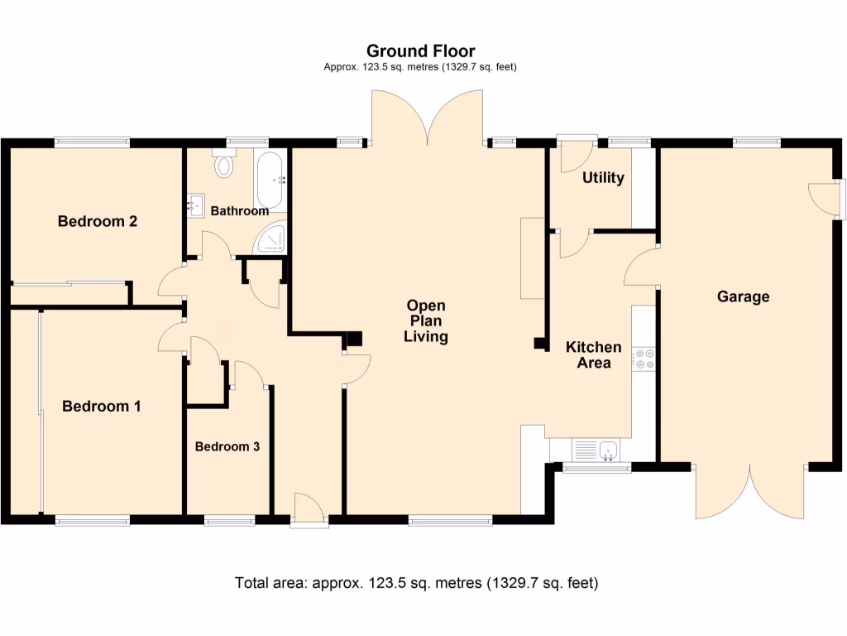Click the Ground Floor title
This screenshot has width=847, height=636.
tap(420, 51)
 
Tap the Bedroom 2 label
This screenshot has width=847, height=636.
tap(97, 222)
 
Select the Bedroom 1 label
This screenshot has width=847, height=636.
tap(102, 407)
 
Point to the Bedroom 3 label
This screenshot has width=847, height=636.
tap(227, 446)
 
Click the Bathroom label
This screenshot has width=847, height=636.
tap(239, 211)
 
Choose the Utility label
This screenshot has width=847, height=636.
tap(603, 178)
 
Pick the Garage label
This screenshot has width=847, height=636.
tap(743, 296)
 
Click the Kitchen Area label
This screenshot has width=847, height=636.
tap(593, 354)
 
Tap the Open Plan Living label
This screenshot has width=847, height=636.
tap(427, 321)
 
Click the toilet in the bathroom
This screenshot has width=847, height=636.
tap(223, 165)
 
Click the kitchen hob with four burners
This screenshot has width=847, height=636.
tap(643, 359)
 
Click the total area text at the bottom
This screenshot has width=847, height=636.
tap(416, 583)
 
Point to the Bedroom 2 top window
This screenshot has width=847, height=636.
tap(92, 142)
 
